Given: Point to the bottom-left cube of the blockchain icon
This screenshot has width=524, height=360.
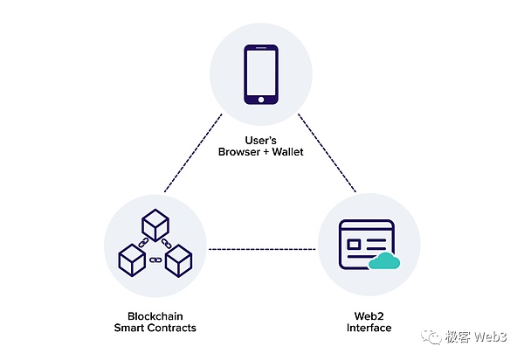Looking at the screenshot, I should [131, 258].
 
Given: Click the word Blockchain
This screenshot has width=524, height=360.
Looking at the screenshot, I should [154, 316].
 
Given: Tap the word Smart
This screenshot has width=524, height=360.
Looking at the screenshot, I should [130, 329].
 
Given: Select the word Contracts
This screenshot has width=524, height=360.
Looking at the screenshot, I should [172, 329].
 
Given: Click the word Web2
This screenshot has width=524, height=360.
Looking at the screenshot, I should [367, 316].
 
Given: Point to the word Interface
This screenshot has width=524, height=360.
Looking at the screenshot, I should [367, 329].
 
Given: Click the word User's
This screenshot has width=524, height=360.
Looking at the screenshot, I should [262, 140].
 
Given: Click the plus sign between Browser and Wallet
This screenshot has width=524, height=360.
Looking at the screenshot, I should [266, 152].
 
